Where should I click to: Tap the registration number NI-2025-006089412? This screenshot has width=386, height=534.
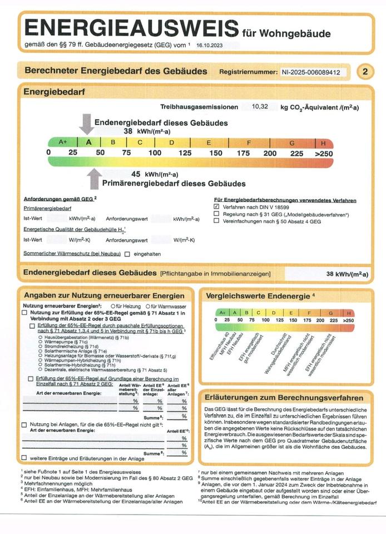coord(314,72)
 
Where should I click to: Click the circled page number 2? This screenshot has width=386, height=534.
coord(365,72)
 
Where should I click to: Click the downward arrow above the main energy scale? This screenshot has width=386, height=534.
coord(86,124)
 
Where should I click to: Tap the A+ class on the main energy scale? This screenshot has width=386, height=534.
coord(63,142)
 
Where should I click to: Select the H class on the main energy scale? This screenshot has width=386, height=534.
coord(323,142)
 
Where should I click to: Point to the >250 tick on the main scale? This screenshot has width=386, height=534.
coord(323,153)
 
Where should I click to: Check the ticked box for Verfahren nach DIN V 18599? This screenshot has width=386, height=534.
coord(216,206)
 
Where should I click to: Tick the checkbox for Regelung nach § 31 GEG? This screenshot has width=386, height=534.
coord(216,214)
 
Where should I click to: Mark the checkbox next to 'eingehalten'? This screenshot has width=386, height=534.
coord(127,254)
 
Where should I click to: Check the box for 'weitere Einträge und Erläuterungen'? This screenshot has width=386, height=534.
coord(24,458)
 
